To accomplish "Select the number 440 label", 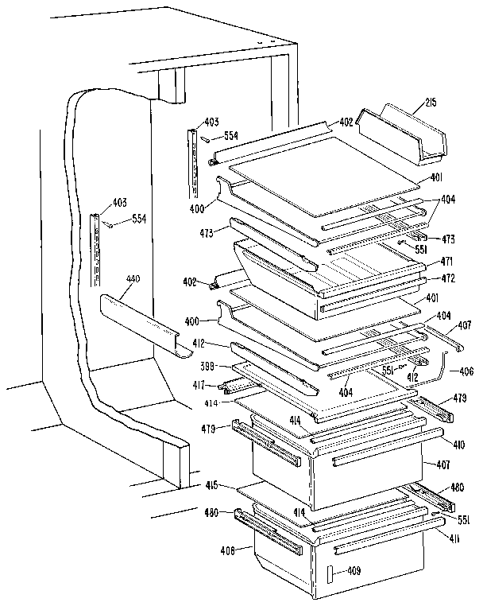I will [133, 279].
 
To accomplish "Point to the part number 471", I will [425, 261].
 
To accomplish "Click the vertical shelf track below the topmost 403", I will [192, 163].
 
